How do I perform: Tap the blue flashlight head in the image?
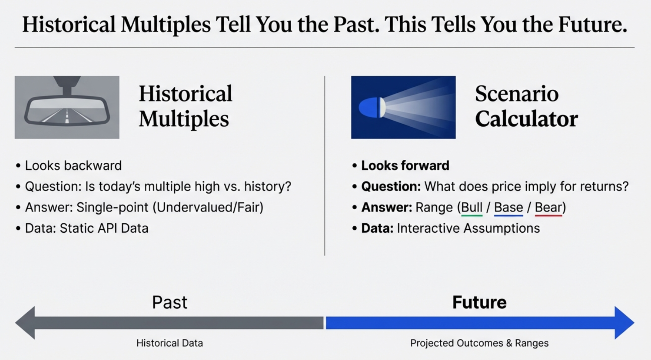click(x=370, y=108)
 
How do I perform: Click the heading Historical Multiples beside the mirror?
click(x=185, y=106)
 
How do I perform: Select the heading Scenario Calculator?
click(x=526, y=106)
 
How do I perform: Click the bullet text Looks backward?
click(x=73, y=166)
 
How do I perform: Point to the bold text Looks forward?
click(x=405, y=166)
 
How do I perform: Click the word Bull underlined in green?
click(x=472, y=207)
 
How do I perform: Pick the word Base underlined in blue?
click(x=508, y=207)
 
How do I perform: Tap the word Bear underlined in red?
click(x=548, y=207)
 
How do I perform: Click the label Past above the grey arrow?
click(x=170, y=302)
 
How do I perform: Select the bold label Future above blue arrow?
click(x=479, y=302)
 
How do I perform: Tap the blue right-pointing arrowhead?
click(x=624, y=323)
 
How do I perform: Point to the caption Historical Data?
click(x=170, y=343)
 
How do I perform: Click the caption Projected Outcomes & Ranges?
click(x=479, y=343)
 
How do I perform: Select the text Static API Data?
click(x=104, y=228)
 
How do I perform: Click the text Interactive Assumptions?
click(x=468, y=228)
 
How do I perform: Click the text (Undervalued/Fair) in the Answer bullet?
click(x=208, y=207)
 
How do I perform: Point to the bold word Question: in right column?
click(x=391, y=187)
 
